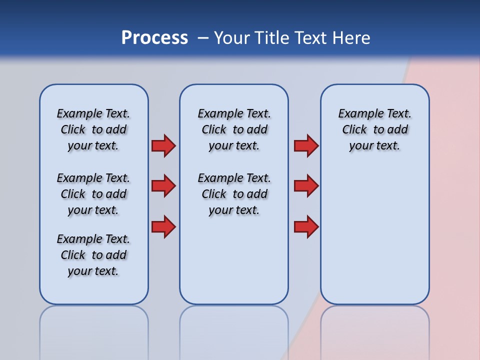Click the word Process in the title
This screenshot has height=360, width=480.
pyautogui.click(x=154, y=38)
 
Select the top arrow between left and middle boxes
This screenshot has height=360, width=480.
pyautogui.click(x=163, y=145)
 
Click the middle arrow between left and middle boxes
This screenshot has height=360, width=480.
pyautogui.click(x=163, y=186)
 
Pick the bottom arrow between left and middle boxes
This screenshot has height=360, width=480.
pyautogui.click(x=163, y=226)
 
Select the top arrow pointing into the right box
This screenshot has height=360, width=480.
pyautogui.click(x=306, y=145)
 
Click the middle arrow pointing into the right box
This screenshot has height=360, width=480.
pyautogui.click(x=306, y=186)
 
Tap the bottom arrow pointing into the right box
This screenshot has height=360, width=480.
pyautogui.click(x=306, y=226)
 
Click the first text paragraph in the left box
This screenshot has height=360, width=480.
pyautogui.click(x=93, y=129)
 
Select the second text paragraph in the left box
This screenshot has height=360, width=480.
pyautogui.click(x=93, y=194)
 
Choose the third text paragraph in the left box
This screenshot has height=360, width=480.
pyautogui.click(x=93, y=255)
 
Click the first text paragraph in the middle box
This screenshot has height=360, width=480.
pyautogui.click(x=234, y=129)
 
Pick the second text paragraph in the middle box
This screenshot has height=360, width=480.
pyautogui.click(x=234, y=194)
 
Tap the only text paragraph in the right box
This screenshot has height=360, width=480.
pyautogui.click(x=375, y=129)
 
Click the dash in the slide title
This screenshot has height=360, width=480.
pyautogui.click(x=203, y=38)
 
